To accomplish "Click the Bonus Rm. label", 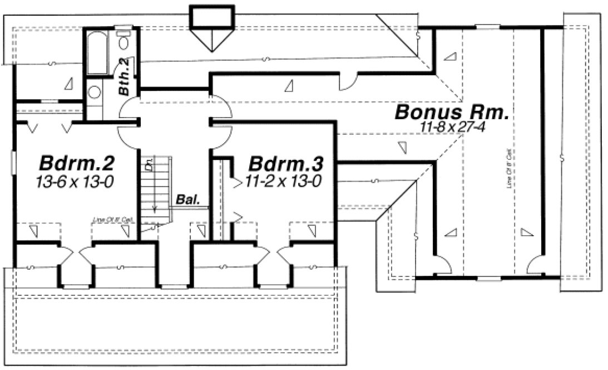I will (x=452, y=113).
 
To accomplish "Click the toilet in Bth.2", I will (x=124, y=40).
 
